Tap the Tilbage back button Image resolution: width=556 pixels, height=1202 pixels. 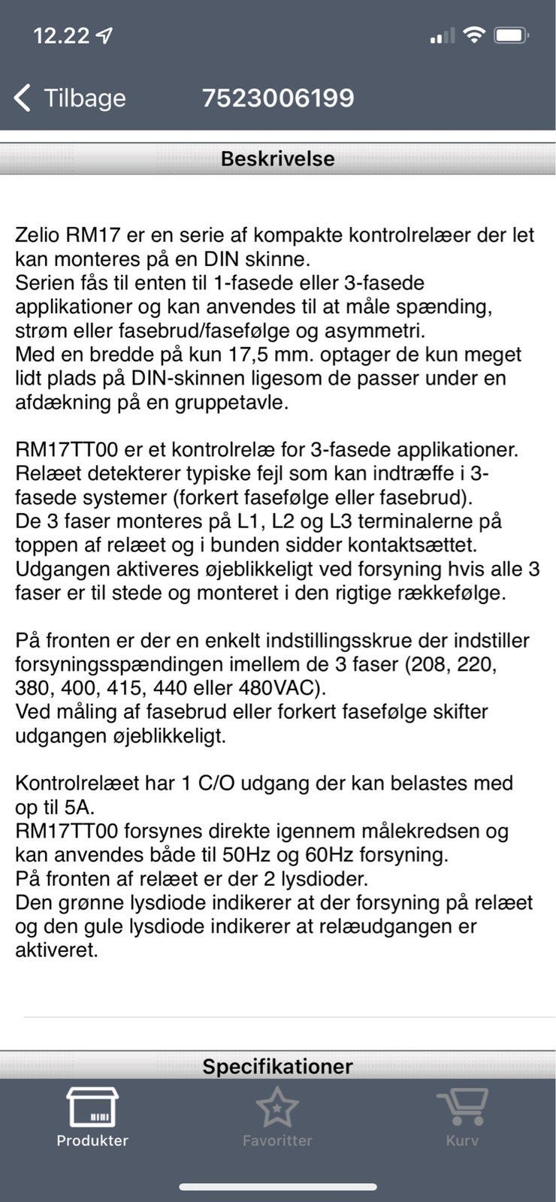pos(70,98)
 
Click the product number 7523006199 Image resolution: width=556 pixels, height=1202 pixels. pos(277,98)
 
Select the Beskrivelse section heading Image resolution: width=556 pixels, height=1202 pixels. pos(277,159)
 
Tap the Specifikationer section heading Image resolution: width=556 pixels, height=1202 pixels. pos(277,1066)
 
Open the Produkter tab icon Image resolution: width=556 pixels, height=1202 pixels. pos(92,1107)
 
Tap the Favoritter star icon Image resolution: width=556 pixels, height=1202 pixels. pos(277,1107)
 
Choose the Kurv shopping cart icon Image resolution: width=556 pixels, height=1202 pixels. pos(462,1107)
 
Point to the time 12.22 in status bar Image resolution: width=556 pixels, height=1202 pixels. pos(61,35)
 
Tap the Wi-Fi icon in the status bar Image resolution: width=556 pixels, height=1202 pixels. pos(473,35)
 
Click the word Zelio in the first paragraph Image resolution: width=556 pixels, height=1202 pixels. pos(38,235)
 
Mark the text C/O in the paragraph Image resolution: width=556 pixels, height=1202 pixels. pos(216,784)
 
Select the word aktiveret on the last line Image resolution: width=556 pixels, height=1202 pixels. pos(56,950)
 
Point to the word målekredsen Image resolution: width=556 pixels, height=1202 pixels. pos(430,831)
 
